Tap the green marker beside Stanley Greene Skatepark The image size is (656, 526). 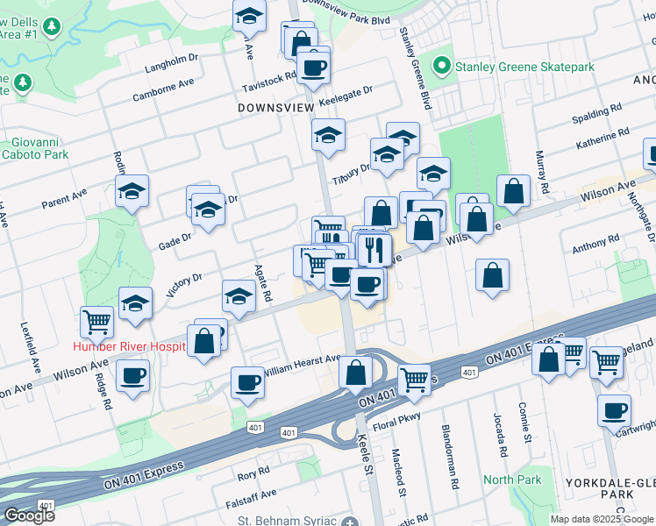tap(446, 67)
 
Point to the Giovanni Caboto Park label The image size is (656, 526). tap(39, 148)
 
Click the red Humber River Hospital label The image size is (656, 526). tap(129, 347)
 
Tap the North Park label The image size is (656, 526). tap(512, 480)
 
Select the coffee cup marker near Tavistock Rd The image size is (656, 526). tap(313, 66)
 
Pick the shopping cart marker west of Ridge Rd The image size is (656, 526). tap(96, 321)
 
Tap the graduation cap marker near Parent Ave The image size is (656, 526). tap(132, 191)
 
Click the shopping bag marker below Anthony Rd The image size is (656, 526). tap(493, 274)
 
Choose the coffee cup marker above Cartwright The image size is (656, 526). tap(614, 409)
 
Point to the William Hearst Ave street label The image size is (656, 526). tap(302, 360)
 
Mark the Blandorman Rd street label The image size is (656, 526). tap(453, 459)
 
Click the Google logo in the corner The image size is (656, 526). tap(29, 515)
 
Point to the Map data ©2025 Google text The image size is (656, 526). tap(602, 519)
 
